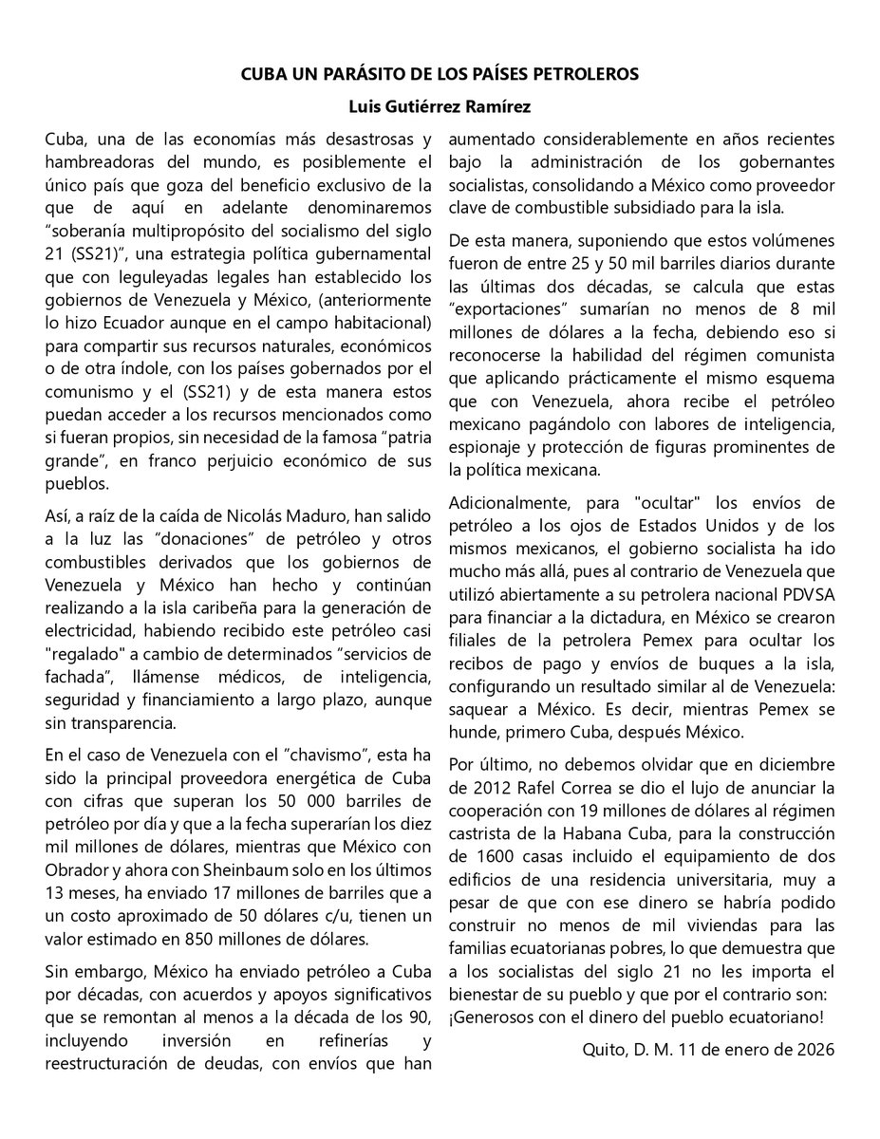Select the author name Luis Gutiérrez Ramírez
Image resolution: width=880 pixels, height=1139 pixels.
tap(440, 106)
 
